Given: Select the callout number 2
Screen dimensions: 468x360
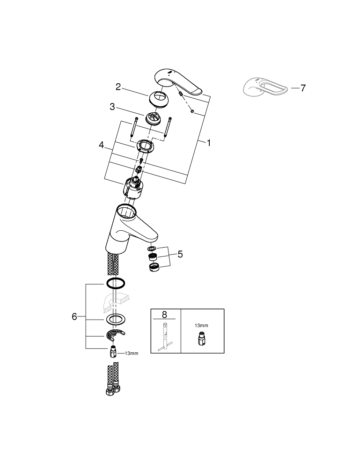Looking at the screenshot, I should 118,87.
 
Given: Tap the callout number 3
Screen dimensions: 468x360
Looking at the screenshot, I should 112,107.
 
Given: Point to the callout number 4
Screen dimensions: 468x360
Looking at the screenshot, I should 102,146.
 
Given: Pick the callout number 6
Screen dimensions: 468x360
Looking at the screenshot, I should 74,317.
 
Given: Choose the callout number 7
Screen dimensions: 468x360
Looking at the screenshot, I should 303,88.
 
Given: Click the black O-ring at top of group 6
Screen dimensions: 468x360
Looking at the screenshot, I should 116,283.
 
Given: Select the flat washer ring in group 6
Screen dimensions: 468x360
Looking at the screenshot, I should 115,320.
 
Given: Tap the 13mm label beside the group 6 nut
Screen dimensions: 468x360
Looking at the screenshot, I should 132,353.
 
